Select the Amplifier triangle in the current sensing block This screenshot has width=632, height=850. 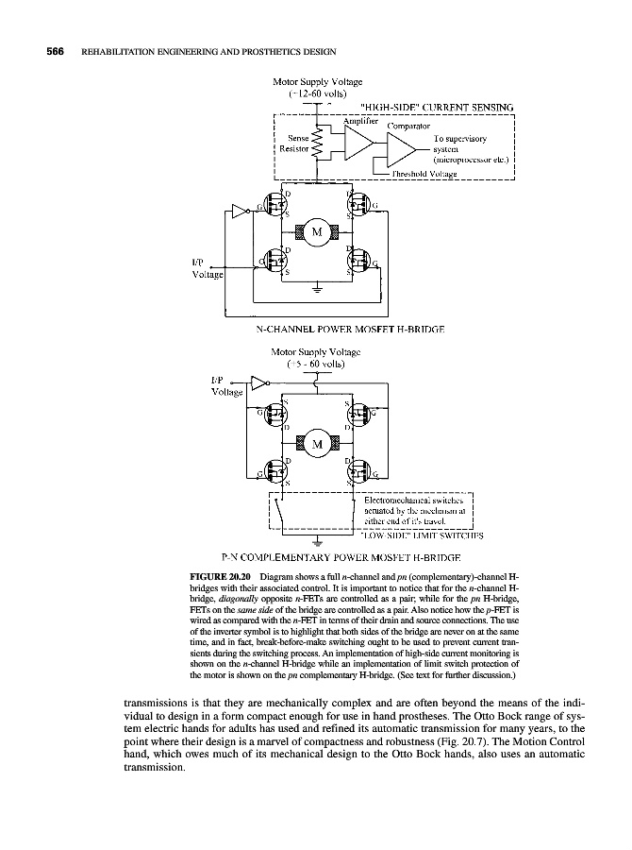(x=358, y=143)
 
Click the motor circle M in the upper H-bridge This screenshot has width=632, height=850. (x=317, y=232)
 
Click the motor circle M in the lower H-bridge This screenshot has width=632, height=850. (x=317, y=443)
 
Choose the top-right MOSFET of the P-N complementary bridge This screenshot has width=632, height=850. (x=358, y=415)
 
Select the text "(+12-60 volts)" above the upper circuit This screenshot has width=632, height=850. (x=317, y=95)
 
